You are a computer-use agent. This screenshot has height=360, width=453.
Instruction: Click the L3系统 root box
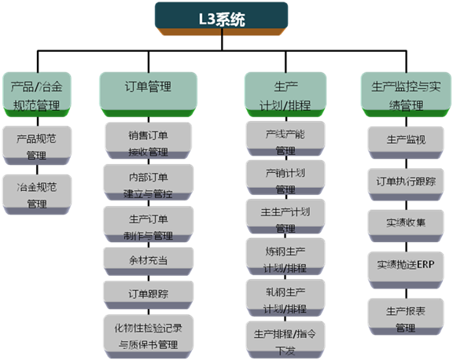pyautogui.click(x=221, y=19)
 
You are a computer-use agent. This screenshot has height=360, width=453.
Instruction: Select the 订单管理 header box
pyautogui.click(x=149, y=94)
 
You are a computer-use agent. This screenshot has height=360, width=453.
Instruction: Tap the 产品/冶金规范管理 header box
pyautogui.click(x=37, y=94)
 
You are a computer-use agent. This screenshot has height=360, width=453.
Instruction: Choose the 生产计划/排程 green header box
pyautogui.click(x=285, y=94)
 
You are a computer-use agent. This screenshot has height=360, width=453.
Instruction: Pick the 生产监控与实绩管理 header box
pyautogui.click(x=406, y=94)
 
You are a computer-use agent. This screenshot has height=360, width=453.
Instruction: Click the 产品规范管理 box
pyautogui.click(x=37, y=145)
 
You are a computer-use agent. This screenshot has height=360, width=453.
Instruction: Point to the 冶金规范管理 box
pyautogui.click(x=37, y=194)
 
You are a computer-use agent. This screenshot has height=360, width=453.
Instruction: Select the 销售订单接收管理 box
pyautogui.click(x=149, y=141)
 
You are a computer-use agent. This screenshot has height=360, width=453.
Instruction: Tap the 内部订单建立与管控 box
pyautogui.click(x=149, y=182)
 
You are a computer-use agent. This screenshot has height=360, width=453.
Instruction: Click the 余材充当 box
pyautogui.click(x=149, y=262)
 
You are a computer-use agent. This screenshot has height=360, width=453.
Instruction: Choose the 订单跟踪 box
pyautogui.click(x=149, y=295)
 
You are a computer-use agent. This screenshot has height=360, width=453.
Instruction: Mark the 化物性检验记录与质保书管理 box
pyautogui.click(x=149, y=336)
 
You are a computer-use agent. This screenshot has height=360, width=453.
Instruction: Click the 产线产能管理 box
pyautogui.click(x=285, y=138)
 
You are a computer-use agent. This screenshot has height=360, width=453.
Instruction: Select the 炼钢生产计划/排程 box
pyautogui.click(x=285, y=257)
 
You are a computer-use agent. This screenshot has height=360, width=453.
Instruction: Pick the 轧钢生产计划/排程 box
pyautogui.click(x=285, y=298)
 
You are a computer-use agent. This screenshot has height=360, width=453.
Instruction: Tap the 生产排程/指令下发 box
pyautogui.click(x=285, y=340)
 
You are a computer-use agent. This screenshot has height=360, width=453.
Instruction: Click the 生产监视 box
pyautogui.click(x=406, y=142)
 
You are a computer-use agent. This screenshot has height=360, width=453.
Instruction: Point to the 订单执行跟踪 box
pyautogui.click(x=406, y=185)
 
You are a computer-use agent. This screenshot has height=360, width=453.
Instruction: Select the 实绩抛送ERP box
pyautogui.click(x=406, y=270)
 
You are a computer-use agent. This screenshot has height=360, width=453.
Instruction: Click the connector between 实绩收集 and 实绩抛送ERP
pyautogui.click(x=406, y=247)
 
